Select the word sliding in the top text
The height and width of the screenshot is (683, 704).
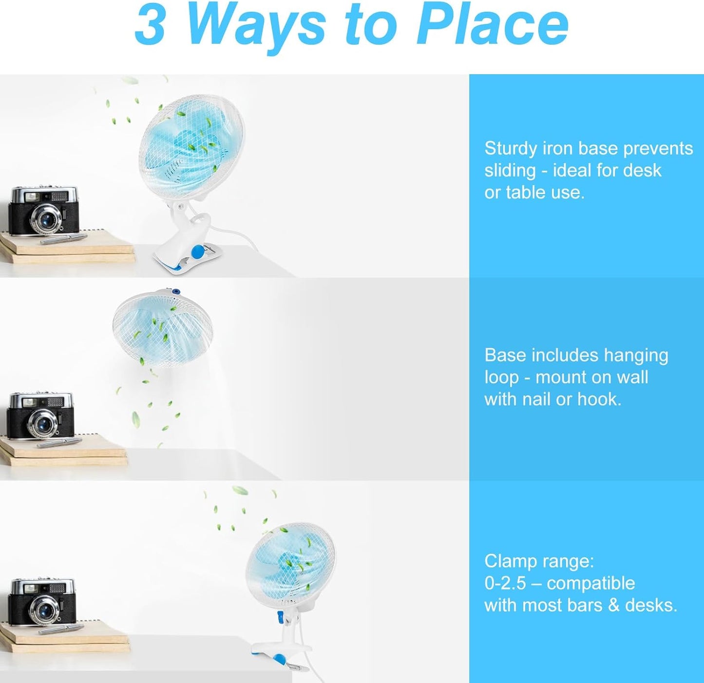click(x=510, y=171)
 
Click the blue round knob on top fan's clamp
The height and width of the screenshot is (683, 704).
click(x=198, y=252)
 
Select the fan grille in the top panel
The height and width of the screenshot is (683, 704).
click(x=191, y=147)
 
